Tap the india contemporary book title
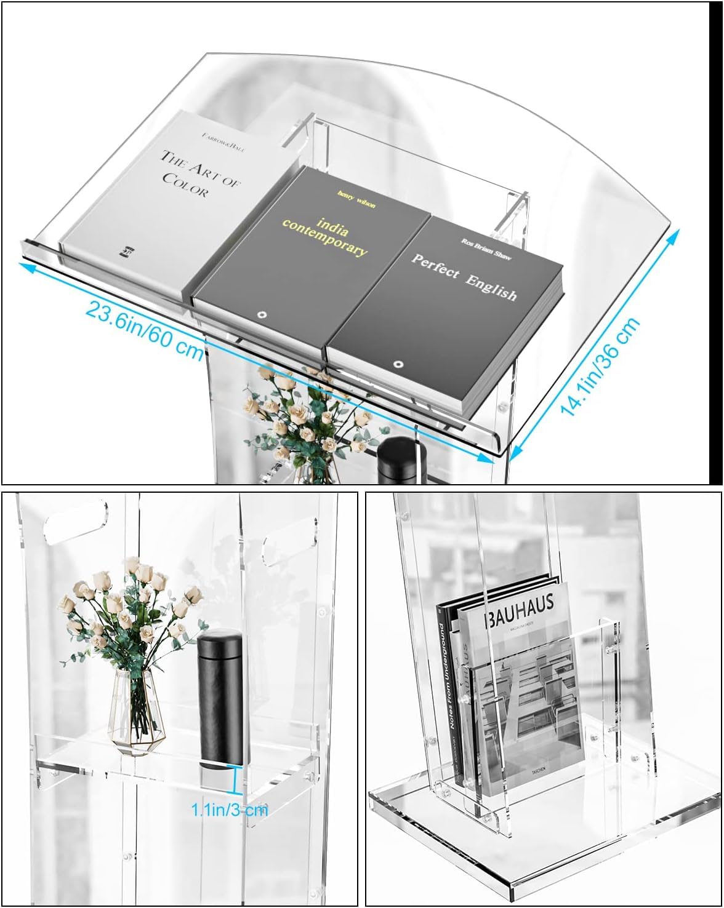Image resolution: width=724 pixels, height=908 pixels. click(325, 235)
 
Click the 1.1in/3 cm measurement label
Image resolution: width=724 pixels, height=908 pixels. click(230, 809)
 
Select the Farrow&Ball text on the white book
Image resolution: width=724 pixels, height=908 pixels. click(222, 140)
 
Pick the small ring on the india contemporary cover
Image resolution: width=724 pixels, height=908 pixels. click(262, 315)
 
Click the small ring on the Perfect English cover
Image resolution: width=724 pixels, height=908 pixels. click(398, 364)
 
